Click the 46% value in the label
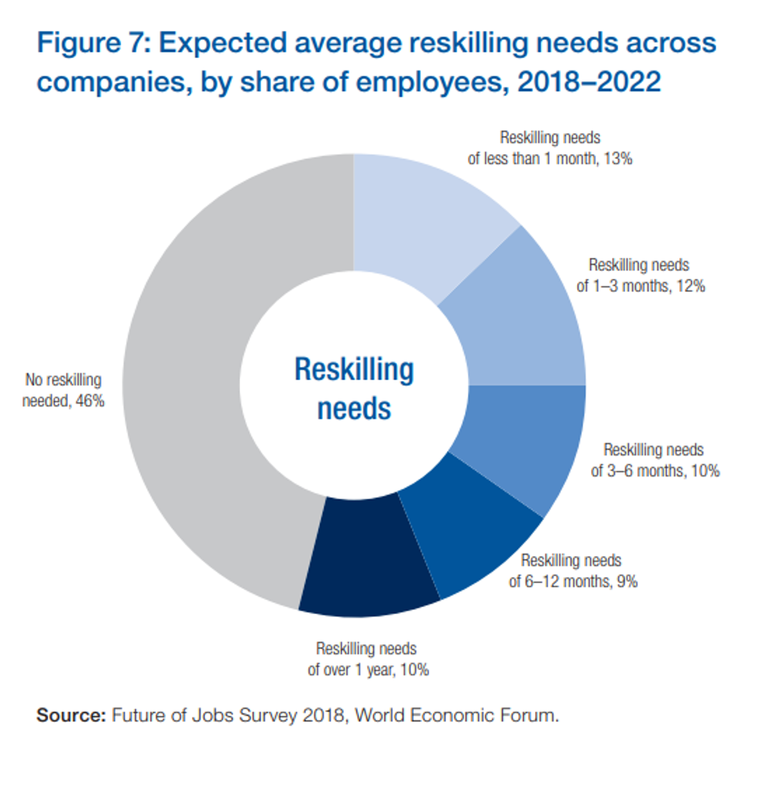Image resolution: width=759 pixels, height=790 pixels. (89, 402)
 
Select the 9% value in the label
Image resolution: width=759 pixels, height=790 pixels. (627, 581)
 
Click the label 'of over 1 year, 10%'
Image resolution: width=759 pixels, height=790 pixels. (368, 669)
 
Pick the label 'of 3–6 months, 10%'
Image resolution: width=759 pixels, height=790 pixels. (656, 470)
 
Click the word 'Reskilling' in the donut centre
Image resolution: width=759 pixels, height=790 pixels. (354, 369)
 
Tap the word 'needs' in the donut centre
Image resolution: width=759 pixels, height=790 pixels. (354, 407)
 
